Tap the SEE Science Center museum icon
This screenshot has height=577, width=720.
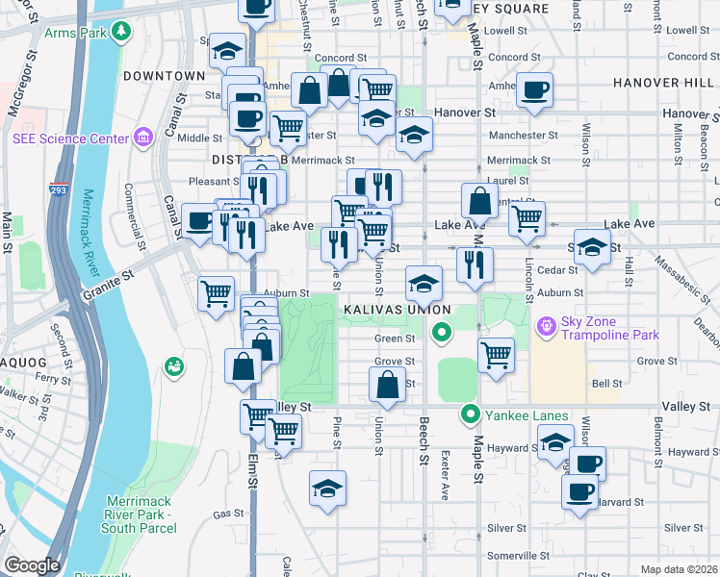(x=144, y=138)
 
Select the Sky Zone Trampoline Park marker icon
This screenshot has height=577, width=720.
(x=547, y=327)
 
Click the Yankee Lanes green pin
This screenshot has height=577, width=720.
(x=471, y=414)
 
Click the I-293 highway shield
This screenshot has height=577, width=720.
(x=59, y=189)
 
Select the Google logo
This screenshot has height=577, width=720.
(x=32, y=565)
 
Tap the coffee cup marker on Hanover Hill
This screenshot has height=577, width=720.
(x=534, y=90)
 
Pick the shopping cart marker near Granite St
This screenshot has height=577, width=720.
(x=216, y=292)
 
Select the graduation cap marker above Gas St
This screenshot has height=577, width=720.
(x=327, y=488)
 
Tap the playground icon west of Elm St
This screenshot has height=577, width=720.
(x=174, y=366)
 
